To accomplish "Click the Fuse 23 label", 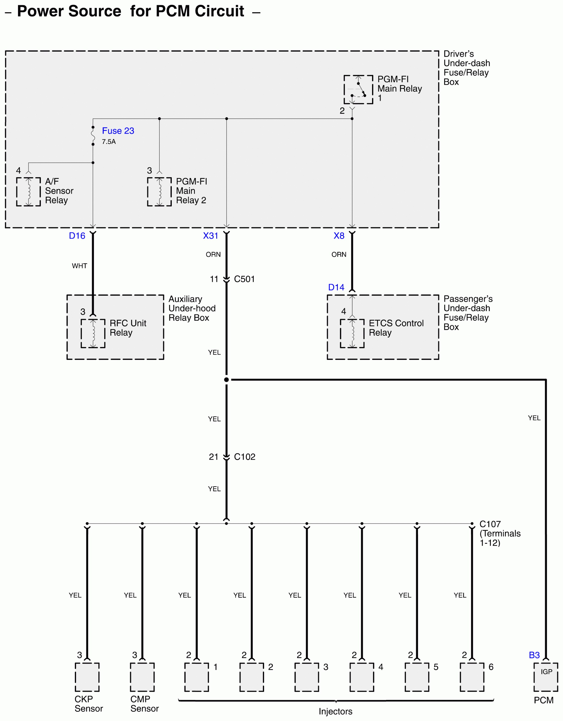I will (x=118, y=131).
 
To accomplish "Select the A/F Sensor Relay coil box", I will (x=28, y=192).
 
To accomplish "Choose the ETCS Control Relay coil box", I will (x=352, y=333).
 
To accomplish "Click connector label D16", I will (x=77, y=236).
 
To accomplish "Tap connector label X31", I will (x=210, y=236).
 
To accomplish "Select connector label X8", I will (x=339, y=236).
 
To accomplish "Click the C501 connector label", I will (x=244, y=279).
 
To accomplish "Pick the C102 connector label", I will (x=244, y=457).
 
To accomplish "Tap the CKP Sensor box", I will (x=87, y=677).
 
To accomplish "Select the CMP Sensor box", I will (x=142, y=677).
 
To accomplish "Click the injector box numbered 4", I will (x=362, y=677).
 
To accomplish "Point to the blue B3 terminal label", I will (x=534, y=655).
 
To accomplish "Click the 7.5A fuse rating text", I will (x=109, y=142).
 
